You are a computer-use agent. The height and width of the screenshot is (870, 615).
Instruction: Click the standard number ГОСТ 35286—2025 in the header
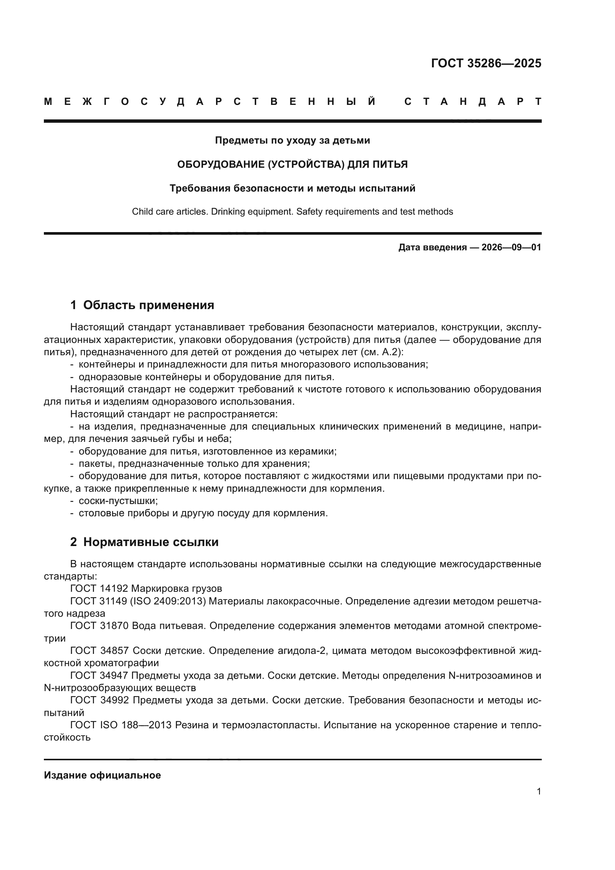pos(486,63)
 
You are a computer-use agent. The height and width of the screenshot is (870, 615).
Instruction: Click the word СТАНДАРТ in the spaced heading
pos(473,102)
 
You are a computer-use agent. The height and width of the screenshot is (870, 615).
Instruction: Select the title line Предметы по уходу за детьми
pos(292,141)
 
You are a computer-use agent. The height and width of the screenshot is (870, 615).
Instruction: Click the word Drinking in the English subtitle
pos(228,212)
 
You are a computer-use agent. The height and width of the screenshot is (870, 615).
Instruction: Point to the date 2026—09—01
pos(511,248)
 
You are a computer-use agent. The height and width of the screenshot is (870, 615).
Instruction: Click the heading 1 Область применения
pos(142,305)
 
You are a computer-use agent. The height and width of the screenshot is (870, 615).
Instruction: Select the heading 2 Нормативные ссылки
pos(144,542)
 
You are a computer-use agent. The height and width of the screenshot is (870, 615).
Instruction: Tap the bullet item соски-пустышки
pos(118,501)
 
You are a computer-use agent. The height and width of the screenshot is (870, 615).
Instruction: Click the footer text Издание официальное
pos(102,775)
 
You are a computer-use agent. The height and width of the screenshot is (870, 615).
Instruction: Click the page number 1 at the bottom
pos(538,792)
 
